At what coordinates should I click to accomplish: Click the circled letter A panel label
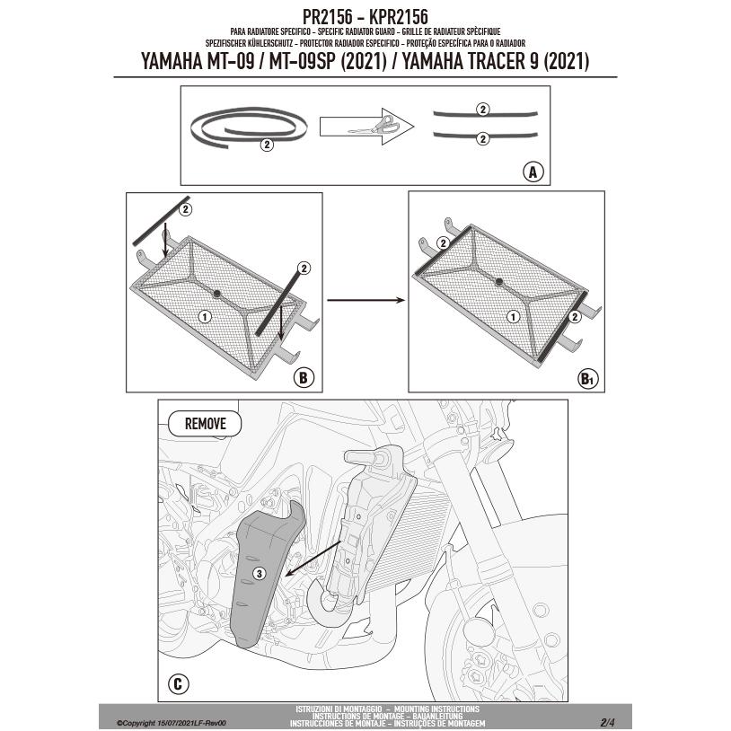(x=533, y=172)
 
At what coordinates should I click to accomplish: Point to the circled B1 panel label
(x=586, y=378)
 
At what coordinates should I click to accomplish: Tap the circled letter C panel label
(x=178, y=685)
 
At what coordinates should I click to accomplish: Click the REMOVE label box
(x=205, y=423)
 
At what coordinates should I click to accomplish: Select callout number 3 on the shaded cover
(x=258, y=572)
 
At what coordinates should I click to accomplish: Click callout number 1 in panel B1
(x=512, y=315)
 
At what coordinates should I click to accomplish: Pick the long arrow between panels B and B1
(x=363, y=301)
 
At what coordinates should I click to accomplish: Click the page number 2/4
(x=607, y=721)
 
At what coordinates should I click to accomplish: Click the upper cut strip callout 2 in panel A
(x=481, y=110)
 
